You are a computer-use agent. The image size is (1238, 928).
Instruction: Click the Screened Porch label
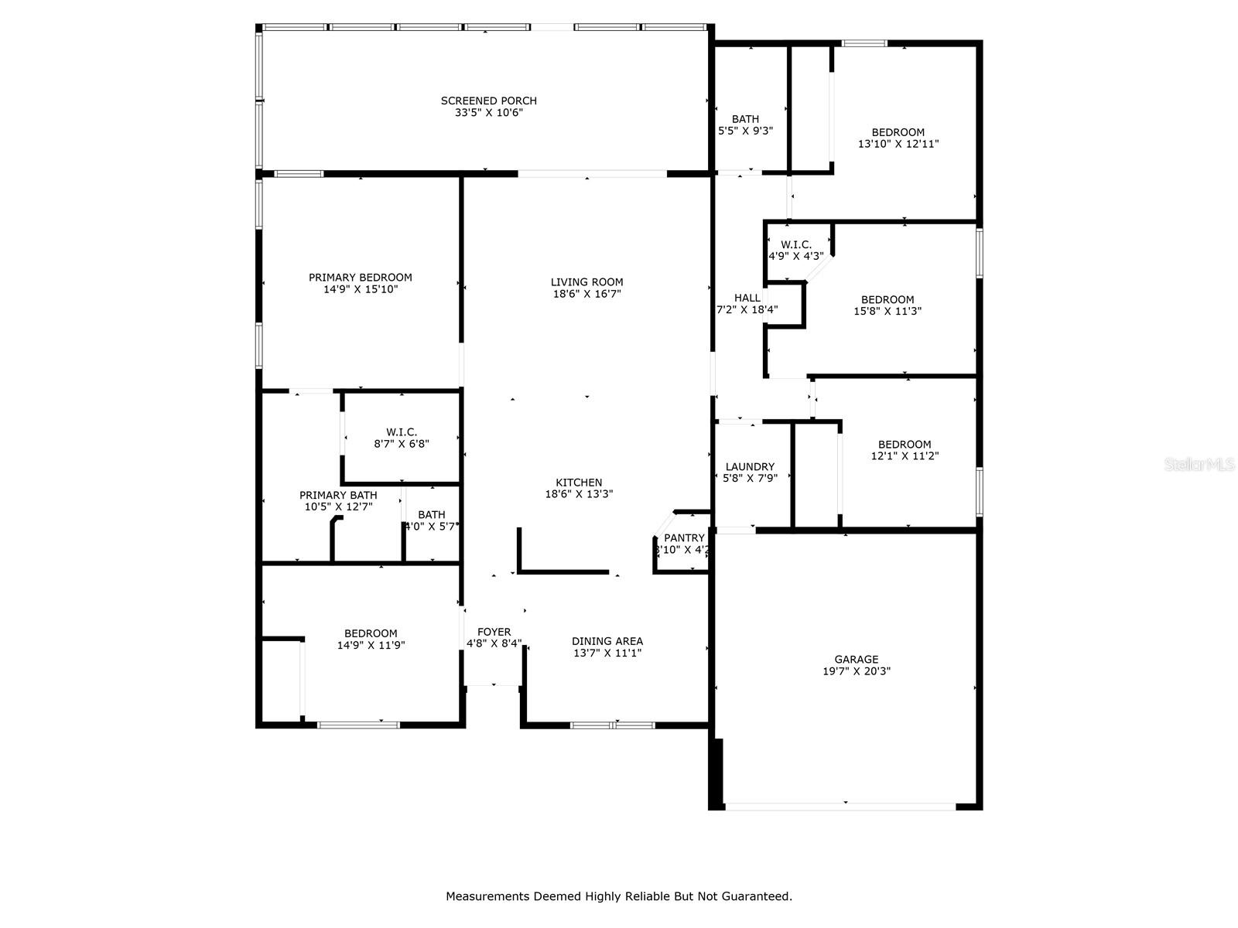[x=488, y=101]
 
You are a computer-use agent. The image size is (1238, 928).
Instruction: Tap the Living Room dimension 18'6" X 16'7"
[x=587, y=294]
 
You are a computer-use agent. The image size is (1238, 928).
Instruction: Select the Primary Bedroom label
[x=360, y=278]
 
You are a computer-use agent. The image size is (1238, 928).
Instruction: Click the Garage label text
[x=856, y=660]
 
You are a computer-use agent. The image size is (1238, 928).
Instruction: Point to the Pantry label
[x=684, y=538]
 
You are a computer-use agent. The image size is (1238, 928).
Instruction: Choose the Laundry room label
[x=750, y=467]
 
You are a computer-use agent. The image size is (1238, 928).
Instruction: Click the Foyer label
[x=494, y=632]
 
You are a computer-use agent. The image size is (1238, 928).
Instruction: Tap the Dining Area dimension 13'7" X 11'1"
[x=607, y=653]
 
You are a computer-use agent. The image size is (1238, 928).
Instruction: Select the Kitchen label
[x=579, y=483]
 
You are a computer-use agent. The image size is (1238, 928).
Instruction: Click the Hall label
[x=747, y=298]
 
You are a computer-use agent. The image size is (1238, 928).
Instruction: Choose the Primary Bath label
[x=338, y=496]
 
